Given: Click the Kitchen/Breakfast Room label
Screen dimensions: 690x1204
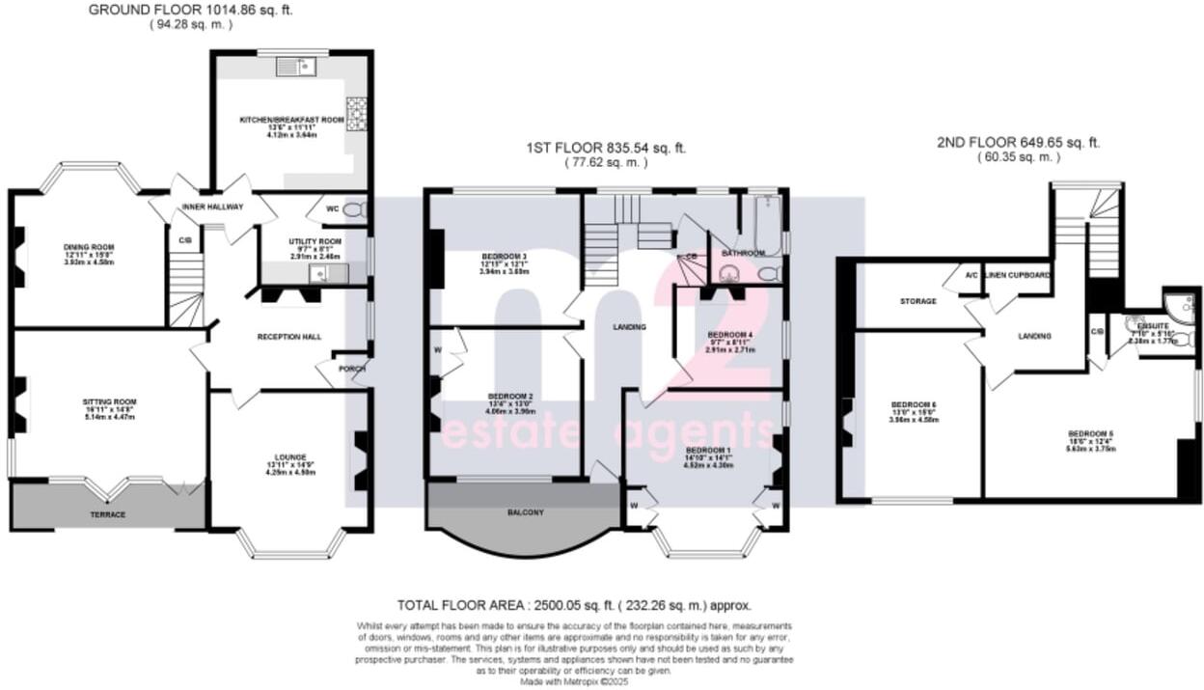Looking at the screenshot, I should tap(291, 121).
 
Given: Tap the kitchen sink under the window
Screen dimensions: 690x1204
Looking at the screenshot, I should tap(296, 67).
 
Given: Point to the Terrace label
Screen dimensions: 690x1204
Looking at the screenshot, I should tap(107, 514).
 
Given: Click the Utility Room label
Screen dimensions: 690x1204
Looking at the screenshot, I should tap(315, 241).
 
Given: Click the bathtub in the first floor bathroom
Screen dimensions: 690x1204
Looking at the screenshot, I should tap(768, 224).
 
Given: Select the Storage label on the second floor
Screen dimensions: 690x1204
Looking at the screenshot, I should tap(917, 301).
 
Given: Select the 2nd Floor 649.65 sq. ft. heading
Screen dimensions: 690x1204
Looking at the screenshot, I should tap(1018, 142).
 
